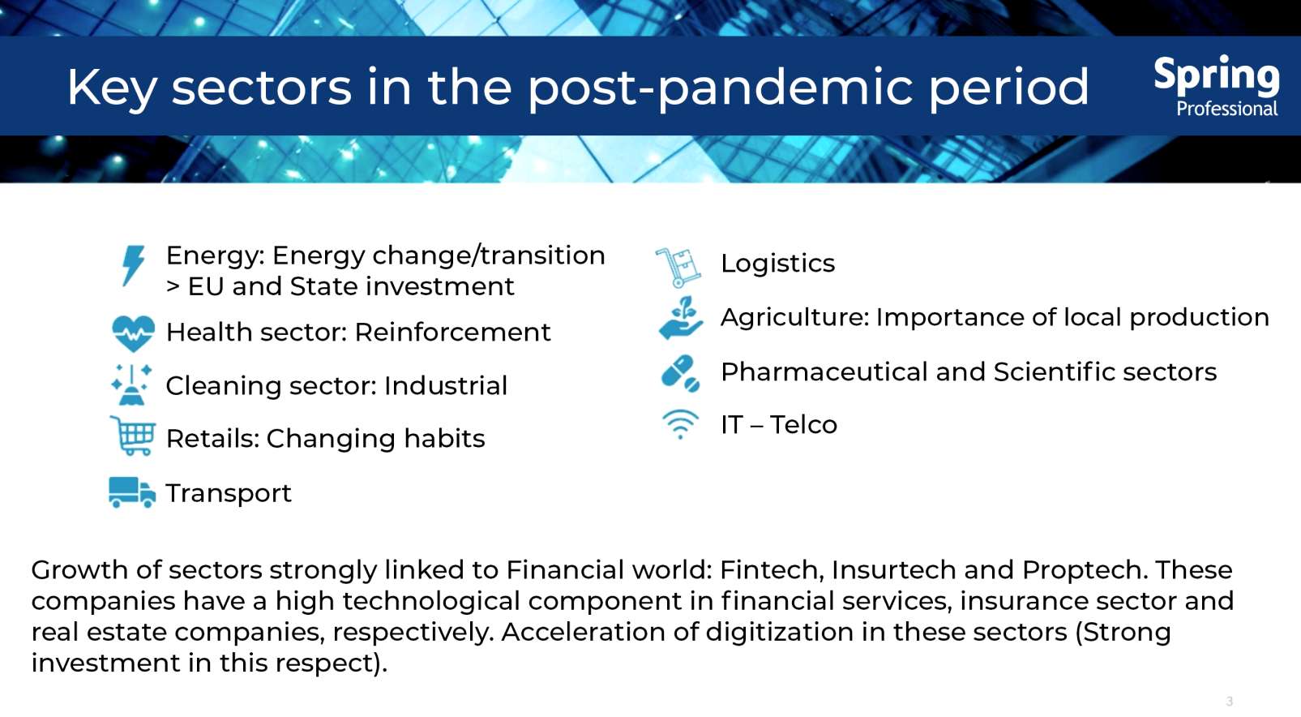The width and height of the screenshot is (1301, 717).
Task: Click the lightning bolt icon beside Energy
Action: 133,265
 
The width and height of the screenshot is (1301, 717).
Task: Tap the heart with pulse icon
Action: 133,332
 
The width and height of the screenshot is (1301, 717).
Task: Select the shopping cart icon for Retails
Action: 133,436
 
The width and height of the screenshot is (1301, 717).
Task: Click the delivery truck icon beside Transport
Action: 131,492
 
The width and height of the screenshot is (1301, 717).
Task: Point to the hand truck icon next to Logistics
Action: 678,268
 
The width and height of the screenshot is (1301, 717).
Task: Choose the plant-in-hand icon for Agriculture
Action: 680,318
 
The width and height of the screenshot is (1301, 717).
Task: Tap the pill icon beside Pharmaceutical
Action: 680,373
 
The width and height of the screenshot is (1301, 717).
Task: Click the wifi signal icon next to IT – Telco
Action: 680,423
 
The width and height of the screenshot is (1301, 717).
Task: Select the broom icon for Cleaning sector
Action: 131,384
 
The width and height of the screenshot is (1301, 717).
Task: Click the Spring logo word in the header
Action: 1216,75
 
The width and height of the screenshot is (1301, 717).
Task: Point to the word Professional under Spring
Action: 1226,109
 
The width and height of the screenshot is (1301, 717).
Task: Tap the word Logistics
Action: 777,264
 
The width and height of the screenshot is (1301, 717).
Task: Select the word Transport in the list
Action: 229,493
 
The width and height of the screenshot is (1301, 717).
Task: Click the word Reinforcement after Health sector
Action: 452,332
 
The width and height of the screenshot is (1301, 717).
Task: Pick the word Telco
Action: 803,424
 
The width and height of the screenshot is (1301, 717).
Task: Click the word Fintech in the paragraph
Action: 770,569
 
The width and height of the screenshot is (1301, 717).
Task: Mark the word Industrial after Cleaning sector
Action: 446,385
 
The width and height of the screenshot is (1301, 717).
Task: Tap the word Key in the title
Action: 112,88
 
